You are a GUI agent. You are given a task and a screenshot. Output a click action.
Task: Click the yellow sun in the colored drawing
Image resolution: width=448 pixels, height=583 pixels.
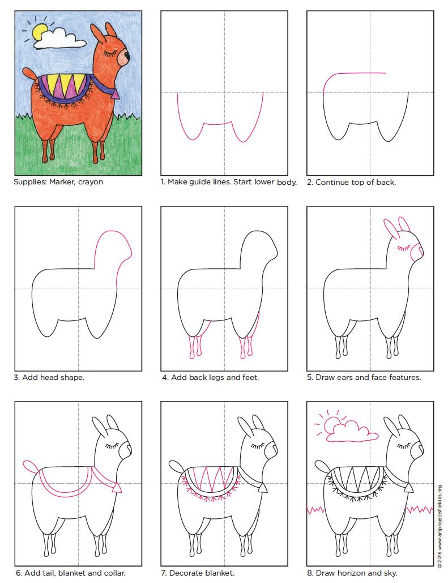pos(39,32)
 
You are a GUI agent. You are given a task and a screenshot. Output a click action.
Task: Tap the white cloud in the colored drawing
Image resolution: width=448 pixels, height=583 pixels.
pos(59,39)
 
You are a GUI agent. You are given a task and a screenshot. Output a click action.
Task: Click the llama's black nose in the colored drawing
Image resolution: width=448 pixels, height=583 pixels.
pos(127,56)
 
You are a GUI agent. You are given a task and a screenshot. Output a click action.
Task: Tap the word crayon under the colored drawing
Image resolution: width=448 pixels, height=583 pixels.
pos(91,183)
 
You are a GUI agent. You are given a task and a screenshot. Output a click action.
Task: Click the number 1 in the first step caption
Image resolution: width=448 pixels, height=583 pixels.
pos(163,182)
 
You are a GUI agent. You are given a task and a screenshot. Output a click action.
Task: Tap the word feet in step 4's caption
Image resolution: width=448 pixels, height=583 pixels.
pos(250,377)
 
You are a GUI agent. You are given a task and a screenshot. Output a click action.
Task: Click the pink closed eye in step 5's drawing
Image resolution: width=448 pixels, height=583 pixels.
pos(403,248)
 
